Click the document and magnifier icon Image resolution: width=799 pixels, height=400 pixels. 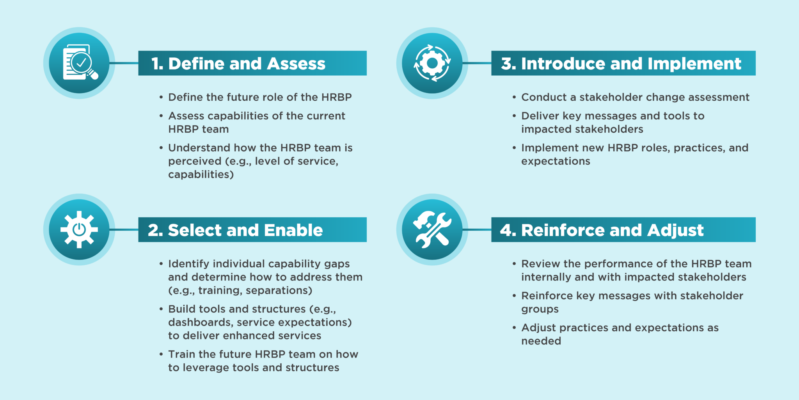pos(80,62)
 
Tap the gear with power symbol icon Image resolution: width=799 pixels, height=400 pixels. pos(79,229)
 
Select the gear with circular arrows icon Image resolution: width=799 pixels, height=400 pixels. pos(432,63)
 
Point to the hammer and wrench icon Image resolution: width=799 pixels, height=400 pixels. pos(432,230)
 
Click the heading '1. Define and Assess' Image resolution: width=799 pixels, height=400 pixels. pos(238,64)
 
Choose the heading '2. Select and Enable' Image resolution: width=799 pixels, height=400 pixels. pos(235,230)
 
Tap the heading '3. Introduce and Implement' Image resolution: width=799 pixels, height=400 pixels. pos(621,64)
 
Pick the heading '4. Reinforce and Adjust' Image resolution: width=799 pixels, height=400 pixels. pos(602,230)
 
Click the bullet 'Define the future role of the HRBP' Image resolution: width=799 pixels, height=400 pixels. pos(260,97)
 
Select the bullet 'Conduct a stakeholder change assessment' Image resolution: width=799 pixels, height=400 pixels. pos(635,97)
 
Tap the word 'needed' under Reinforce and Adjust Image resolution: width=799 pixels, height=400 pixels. pos(541,341)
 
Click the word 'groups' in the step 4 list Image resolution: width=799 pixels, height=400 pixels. pos(540,309)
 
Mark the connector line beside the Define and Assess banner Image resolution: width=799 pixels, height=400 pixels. pos(124,63)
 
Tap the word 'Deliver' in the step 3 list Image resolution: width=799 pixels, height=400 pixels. pos(541,116)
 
